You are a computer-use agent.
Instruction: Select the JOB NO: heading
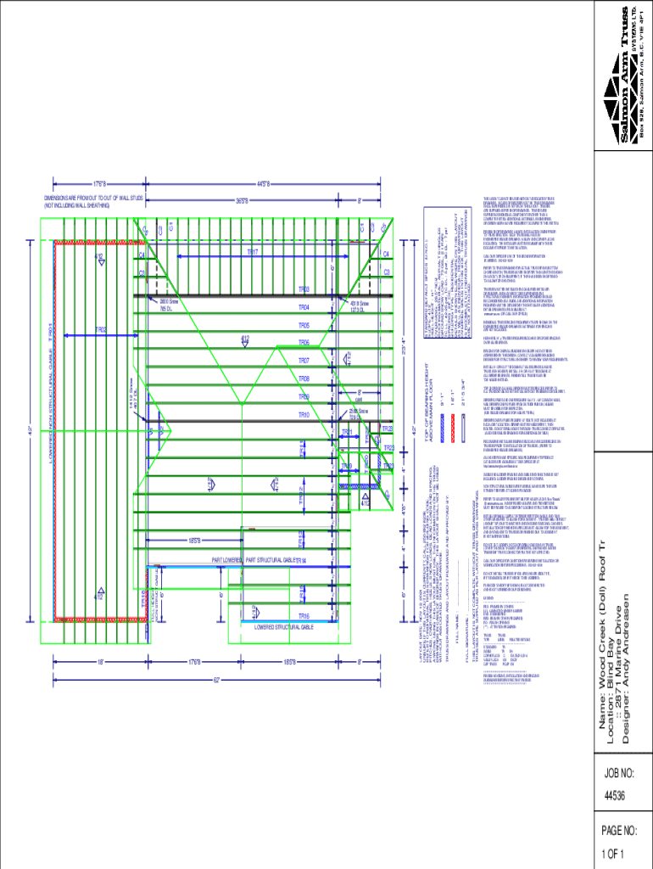[x=619, y=772]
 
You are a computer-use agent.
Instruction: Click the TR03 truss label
[x=304, y=289]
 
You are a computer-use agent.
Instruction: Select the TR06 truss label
[x=304, y=343]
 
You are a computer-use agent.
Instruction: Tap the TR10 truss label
[x=304, y=414]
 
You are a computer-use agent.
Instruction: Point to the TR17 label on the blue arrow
[x=253, y=252]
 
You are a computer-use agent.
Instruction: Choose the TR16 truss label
[x=304, y=615]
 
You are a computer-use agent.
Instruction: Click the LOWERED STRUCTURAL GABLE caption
[x=285, y=627]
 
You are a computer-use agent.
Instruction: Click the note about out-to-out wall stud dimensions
[x=77, y=202]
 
